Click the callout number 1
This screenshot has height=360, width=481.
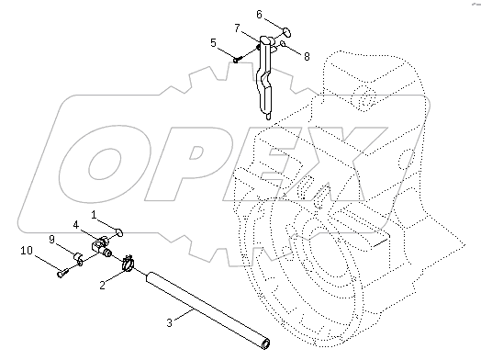94,214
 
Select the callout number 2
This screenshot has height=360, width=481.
102,286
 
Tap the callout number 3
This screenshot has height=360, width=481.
169,321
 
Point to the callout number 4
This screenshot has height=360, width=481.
76,224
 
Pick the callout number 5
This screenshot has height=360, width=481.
214,42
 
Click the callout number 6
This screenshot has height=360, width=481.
260,15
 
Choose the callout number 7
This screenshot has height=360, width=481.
237,29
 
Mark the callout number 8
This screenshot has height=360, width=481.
306,56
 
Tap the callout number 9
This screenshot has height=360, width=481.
52,239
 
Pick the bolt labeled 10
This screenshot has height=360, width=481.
60,270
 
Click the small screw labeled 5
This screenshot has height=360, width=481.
237,61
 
